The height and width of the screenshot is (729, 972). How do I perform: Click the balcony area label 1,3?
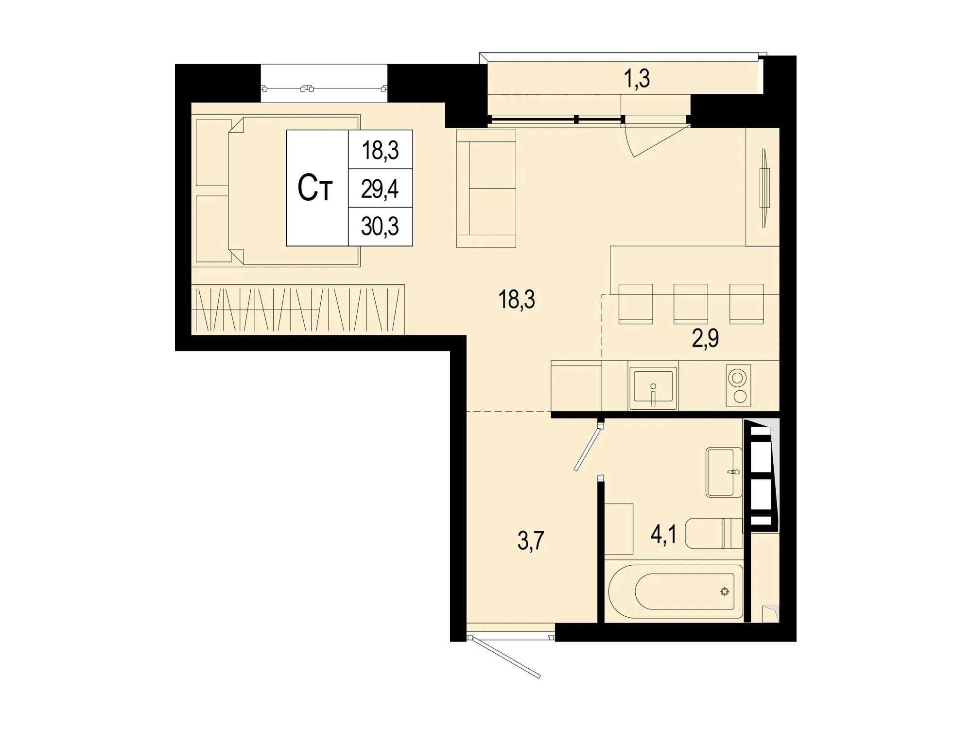tap(637, 79)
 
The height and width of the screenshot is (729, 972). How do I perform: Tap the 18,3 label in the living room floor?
tap(516, 300)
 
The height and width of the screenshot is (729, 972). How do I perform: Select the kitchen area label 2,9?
tap(705, 339)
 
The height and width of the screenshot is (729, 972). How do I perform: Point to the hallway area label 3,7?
tap(531, 540)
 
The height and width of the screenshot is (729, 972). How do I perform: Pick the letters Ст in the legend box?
tap(315, 189)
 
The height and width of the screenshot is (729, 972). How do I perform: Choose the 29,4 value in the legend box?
tap(380, 189)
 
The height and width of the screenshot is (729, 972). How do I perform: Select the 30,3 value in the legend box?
tap(380, 226)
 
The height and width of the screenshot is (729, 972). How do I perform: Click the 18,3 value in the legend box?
tap(380, 150)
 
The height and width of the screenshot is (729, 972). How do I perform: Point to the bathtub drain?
tap(725, 591)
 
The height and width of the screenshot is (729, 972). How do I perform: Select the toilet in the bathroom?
tap(713, 533)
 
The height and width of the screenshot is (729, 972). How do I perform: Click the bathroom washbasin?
tap(724, 472)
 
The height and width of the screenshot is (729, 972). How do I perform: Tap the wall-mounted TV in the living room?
tap(764, 188)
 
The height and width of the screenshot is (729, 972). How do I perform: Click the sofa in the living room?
tap(486, 189)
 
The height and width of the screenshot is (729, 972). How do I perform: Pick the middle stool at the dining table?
tap(690, 304)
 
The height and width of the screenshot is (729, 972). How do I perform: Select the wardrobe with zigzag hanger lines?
tap(298, 310)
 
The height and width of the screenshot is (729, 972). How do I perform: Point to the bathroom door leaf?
tap(589, 448)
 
